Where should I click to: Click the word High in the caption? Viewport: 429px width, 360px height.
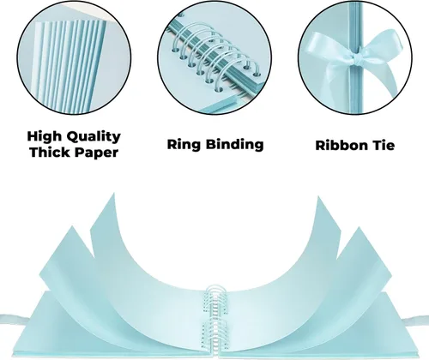(45, 137)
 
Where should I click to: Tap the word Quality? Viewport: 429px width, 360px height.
(94, 137)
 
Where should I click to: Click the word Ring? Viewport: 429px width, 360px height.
(184, 145)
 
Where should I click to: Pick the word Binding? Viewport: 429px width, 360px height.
(235, 144)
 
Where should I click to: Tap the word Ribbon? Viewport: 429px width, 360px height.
(341, 146)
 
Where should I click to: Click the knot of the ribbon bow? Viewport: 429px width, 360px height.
(357, 60)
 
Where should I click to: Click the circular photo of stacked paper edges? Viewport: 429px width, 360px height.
(74, 57)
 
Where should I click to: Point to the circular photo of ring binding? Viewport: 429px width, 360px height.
(214, 57)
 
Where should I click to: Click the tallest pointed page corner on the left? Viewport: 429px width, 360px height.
(114, 193)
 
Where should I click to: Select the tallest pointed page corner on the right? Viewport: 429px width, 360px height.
(317, 196)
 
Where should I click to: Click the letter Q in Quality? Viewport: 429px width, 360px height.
(73, 137)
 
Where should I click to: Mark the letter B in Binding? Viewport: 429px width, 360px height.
(212, 144)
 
